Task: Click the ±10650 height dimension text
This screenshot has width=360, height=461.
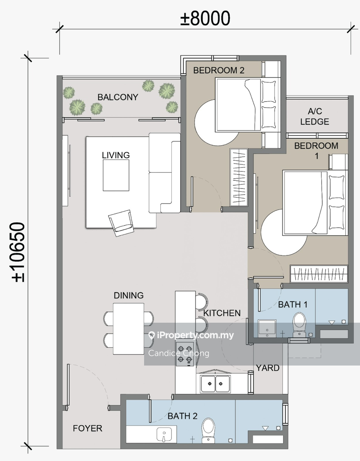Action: [x=18, y=252]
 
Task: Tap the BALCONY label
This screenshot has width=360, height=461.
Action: [x=118, y=97]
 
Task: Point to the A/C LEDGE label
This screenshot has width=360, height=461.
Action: [x=315, y=116]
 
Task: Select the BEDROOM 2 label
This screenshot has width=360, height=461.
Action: [x=219, y=70]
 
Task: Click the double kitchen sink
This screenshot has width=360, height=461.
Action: [x=215, y=383]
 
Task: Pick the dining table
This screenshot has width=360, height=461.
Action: [x=129, y=329]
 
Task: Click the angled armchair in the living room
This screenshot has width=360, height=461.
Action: [x=121, y=223]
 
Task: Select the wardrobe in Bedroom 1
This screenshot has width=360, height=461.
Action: [x=319, y=274]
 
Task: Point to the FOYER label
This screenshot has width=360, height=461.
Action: [x=88, y=428]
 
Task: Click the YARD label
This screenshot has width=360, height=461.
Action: [x=268, y=368]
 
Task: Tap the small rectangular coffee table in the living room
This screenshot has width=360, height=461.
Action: [x=116, y=175]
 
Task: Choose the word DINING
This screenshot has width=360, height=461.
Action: [x=129, y=295]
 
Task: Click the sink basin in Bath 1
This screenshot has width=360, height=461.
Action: [x=267, y=328]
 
